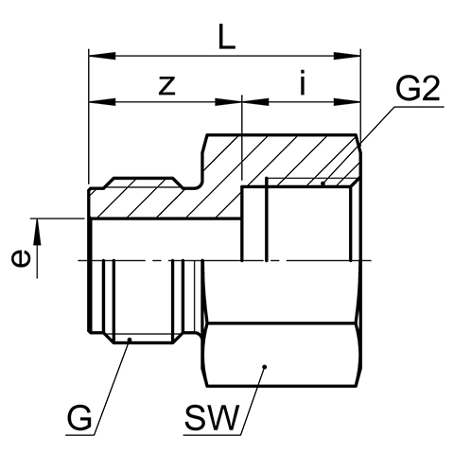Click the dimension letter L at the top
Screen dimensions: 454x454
226,37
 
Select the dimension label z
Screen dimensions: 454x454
166,85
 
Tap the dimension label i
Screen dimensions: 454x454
303,82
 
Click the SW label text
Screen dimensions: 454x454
212,418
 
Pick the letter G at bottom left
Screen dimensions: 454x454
79,418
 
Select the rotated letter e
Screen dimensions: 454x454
21,258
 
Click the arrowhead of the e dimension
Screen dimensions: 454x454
37,232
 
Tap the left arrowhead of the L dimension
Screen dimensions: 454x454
102,56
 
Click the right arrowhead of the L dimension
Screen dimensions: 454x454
347,56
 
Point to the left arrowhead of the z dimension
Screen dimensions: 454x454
102,102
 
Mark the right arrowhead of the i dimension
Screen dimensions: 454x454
347,102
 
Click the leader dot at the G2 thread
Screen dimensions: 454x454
323,183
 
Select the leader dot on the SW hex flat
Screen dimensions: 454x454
265,367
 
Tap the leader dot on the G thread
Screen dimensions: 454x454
129,340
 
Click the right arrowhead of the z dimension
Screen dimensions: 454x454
228,102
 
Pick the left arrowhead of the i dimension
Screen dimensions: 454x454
255,102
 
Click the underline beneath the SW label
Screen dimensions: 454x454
212,435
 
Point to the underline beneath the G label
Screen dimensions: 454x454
80,435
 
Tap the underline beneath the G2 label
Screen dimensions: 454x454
419,107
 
